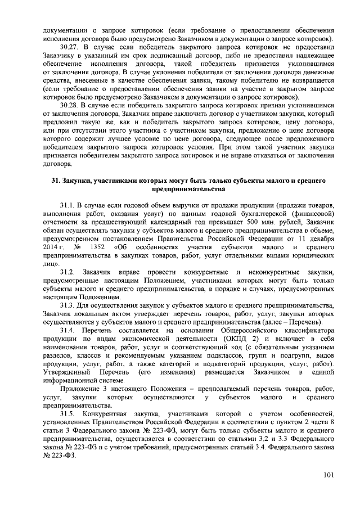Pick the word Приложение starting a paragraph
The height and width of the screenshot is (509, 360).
(x=79, y=389)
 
